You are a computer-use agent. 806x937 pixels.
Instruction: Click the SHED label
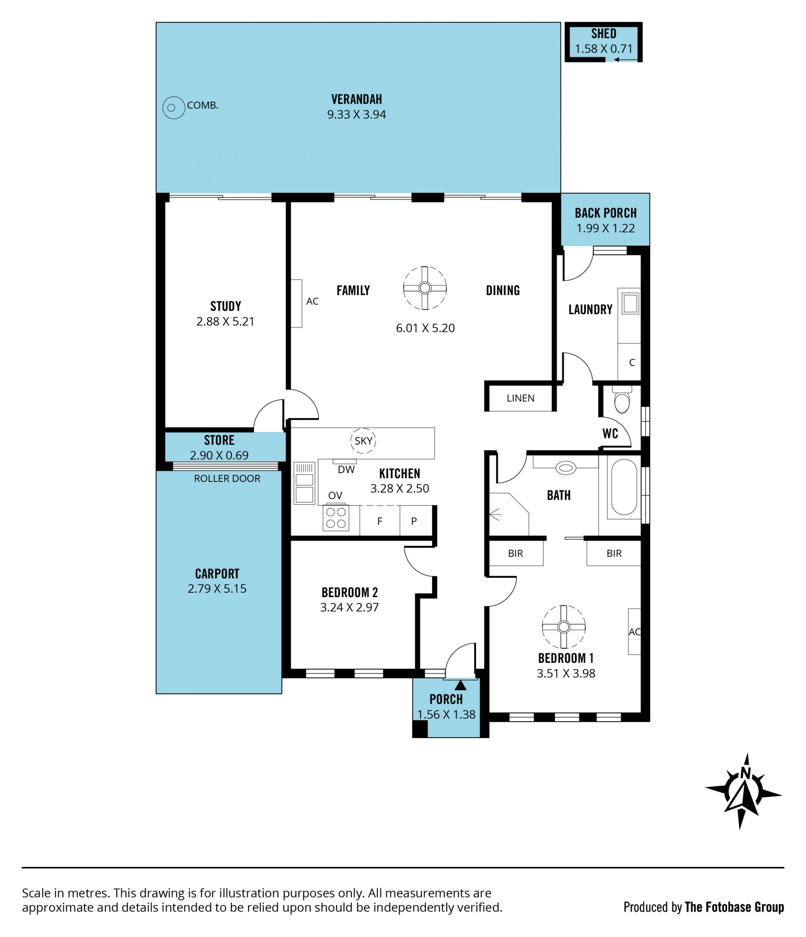(x=603, y=34)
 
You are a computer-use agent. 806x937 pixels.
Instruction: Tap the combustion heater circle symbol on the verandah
(x=174, y=107)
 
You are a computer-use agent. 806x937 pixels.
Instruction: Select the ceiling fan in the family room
(x=425, y=288)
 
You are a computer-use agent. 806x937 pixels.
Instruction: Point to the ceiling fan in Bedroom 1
(x=563, y=627)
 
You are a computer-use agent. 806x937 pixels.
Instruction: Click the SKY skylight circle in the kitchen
(x=363, y=440)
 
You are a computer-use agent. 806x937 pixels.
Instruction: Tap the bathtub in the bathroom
(x=624, y=487)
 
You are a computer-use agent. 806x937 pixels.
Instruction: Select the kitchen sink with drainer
(x=304, y=483)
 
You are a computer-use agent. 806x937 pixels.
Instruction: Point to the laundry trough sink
(x=630, y=303)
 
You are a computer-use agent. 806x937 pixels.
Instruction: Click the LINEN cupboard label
(x=520, y=398)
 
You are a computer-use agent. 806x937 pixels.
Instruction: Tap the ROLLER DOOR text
(x=227, y=479)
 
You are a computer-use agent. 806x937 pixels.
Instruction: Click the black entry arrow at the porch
(x=460, y=685)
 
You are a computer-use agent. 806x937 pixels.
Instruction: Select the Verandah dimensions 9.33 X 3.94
(x=356, y=115)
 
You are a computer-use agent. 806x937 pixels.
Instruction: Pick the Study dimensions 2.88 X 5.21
(x=225, y=322)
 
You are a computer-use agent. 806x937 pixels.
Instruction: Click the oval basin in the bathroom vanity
(x=565, y=468)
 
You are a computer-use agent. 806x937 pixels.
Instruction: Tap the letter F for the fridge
(x=380, y=521)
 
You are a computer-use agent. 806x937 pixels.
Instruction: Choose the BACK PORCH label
(x=606, y=213)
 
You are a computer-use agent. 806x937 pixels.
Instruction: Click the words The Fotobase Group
(x=734, y=907)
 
